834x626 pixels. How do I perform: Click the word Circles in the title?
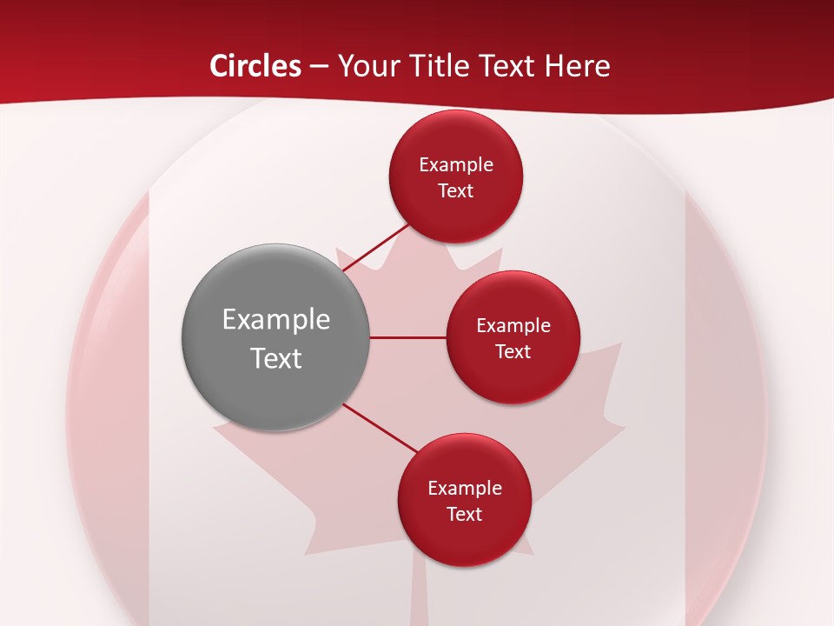(255, 66)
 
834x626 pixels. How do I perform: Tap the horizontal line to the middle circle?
(407, 337)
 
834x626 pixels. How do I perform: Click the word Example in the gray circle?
(276, 320)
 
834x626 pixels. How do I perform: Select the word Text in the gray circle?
(276, 358)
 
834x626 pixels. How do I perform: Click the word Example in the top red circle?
(455, 165)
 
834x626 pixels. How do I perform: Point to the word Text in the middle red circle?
(513, 352)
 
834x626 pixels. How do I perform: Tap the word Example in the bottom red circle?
(464, 489)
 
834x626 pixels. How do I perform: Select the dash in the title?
(319, 66)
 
